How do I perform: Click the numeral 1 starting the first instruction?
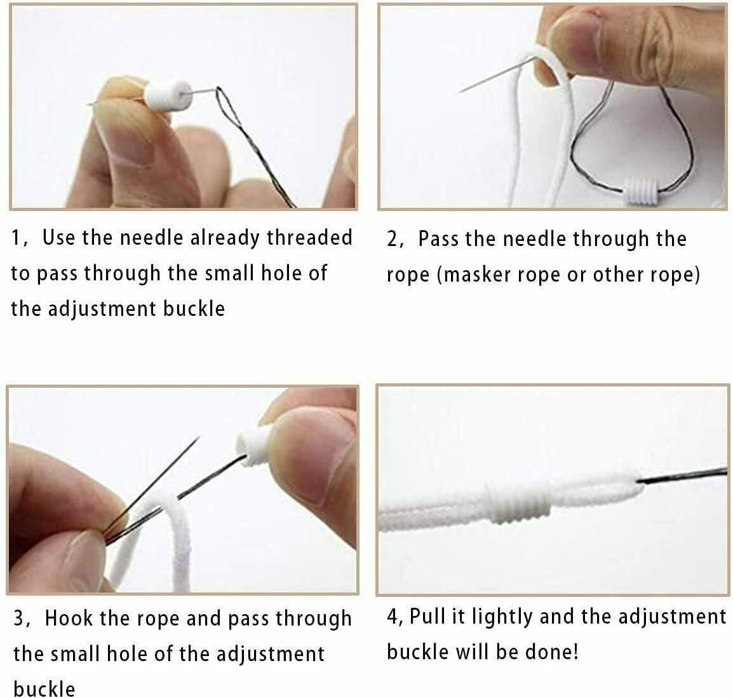click(x=15, y=238)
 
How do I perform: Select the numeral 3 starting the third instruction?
click(x=18, y=619)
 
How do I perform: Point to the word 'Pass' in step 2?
click(x=438, y=238)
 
